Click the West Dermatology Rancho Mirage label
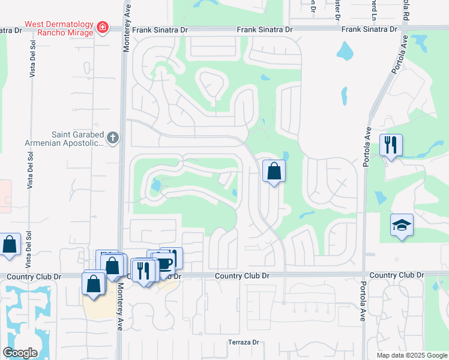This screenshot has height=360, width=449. pos(58,28)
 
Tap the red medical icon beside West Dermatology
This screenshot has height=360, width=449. pos(103,27)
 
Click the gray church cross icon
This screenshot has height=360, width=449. pos(113,139)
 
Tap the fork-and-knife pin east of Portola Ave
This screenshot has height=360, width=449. pos(391,145)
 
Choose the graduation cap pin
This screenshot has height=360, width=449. pos(402,225)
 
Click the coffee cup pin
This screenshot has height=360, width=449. pos(164,262)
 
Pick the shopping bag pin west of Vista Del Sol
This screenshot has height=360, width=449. pos(10,245)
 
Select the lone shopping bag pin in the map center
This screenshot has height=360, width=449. pos(274,172)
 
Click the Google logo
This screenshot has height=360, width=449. pos(20,353)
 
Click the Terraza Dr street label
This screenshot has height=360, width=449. pos(243,343)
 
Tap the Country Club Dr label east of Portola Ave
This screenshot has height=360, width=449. pos(397,275)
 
